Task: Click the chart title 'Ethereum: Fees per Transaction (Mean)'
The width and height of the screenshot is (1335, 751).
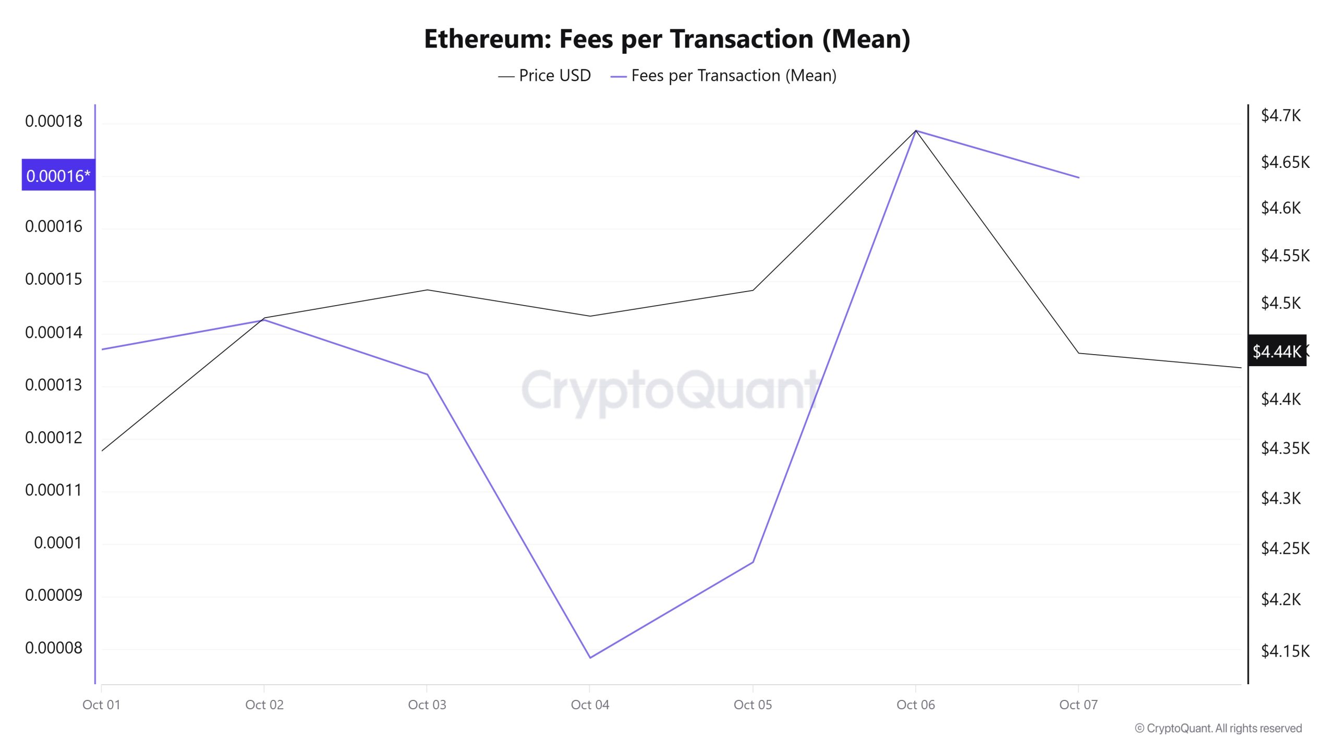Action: [667, 39]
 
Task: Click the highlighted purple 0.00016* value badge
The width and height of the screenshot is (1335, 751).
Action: [58, 175]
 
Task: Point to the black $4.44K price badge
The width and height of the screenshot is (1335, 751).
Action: [1277, 351]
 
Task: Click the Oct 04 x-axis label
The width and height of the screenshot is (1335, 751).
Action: [590, 705]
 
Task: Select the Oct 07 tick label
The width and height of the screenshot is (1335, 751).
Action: [1078, 705]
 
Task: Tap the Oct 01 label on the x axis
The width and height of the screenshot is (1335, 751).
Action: [101, 705]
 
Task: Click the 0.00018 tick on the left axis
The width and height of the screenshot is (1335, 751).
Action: [54, 122]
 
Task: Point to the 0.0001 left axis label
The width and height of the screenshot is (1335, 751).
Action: [57, 543]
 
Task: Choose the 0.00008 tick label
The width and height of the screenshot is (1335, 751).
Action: [54, 648]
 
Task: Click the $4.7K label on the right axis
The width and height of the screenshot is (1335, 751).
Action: [1281, 115]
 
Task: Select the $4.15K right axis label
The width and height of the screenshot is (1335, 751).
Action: [1285, 651]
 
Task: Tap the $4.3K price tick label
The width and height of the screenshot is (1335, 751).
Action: [1281, 498]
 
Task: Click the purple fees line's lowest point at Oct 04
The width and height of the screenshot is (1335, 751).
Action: [590, 657]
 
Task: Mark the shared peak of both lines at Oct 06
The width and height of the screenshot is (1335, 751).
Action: [916, 130]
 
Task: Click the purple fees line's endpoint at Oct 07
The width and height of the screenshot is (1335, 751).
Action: [1078, 178]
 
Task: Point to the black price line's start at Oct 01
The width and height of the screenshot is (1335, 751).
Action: [102, 451]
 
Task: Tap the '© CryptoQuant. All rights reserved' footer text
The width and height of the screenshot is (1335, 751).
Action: [1218, 728]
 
